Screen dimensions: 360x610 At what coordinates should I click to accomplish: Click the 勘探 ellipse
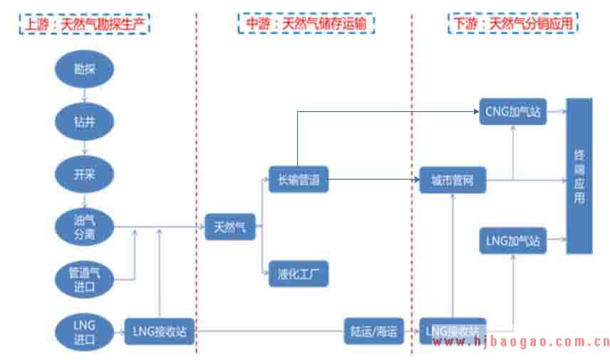coord(85,69)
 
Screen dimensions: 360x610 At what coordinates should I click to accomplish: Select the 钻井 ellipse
coord(85,122)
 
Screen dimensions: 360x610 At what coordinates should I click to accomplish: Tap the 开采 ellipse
coord(85,175)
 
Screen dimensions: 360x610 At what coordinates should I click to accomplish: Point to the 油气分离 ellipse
coord(85,227)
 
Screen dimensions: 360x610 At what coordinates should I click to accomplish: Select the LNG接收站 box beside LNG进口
coord(160,331)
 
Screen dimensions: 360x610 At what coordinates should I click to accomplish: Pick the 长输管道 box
coord(299,180)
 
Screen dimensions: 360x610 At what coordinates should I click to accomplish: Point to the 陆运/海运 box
coord(373,331)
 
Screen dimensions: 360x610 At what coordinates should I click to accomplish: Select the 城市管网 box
coord(453,180)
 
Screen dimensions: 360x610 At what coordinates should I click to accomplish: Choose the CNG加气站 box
coord(513,112)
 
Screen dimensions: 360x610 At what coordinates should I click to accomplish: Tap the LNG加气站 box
coord(513,241)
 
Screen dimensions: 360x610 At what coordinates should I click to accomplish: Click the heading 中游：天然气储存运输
coord(306,23)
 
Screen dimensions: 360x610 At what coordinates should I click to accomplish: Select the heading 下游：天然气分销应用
coord(514,23)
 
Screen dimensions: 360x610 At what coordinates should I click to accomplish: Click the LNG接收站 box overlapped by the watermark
coord(453,331)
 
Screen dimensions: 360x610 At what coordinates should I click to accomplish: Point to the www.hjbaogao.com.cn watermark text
coord(521,343)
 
